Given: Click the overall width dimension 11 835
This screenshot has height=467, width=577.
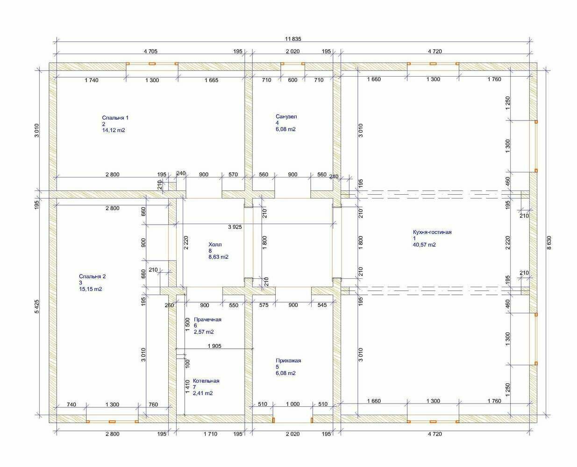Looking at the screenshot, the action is coord(293,39).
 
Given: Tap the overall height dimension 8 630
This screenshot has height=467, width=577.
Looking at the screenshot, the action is coord(549,242).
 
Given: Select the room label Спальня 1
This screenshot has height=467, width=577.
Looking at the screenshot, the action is coord(115,118).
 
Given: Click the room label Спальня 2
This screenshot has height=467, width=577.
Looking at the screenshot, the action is coord(93,276).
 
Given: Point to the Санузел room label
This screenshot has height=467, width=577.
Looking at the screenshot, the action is coord(286,116).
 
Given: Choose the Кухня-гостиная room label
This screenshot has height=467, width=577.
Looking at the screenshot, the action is coord(432,232).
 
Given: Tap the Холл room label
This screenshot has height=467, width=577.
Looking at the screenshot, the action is coord(215,244).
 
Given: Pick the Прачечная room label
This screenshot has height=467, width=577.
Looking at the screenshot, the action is coord(207,319).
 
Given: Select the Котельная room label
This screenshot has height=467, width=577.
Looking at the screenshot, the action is coord(206,381).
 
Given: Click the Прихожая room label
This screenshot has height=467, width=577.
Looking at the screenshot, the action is coord(288,361).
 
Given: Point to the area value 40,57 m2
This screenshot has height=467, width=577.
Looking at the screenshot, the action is coord(424,245).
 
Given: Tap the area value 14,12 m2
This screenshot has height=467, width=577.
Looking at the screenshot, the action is coord(114,130).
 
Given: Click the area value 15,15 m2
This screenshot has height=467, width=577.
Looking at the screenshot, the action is coord(91,289).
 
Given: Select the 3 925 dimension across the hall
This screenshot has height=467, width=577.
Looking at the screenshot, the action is coord(235,227).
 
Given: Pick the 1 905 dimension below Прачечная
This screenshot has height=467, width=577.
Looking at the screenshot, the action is coord(214,346).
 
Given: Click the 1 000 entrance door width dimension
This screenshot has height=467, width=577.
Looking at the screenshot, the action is coord(293,404).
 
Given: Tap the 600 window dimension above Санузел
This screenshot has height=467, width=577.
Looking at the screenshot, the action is coord(292,80).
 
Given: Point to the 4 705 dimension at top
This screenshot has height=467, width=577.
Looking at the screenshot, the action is coord(150,51).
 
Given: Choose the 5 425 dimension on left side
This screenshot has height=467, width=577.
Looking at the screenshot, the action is coord(37,306).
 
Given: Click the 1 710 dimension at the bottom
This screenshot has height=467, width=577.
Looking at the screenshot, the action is coord(211,434).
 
